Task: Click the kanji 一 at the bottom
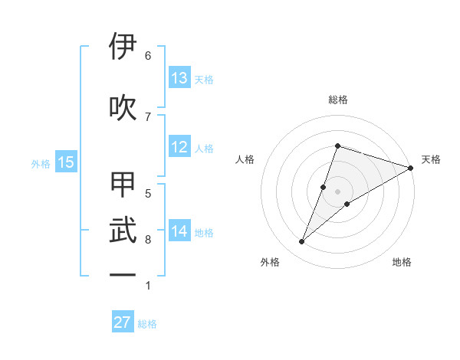(x=123, y=274)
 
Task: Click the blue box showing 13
(x=179, y=78)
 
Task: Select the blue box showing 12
(x=179, y=147)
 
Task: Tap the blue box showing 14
(x=179, y=231)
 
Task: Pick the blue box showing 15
(x=66, y=162)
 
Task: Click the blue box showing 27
(x=123, y=322)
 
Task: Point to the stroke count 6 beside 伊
(x=147, y=55)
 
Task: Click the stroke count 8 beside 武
(x=147, y=240)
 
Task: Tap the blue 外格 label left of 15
(x=41, y=163)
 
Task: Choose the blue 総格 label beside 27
(x=147, y=324)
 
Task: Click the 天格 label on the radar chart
(x=431, y=159)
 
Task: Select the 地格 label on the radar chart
(x=402, y=262)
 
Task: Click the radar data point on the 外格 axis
(x=302, y=242)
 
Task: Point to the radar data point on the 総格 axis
(x=337, y=146)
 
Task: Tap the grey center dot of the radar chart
(x=337, y=191)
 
